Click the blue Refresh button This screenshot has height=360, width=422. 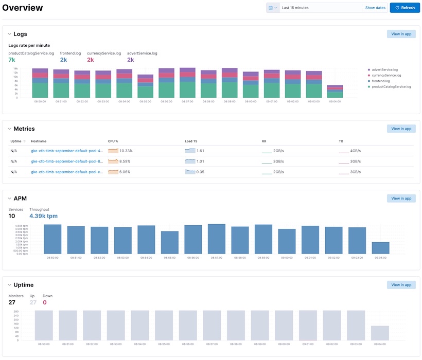(405, 8)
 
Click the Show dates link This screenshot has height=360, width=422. (375, 8)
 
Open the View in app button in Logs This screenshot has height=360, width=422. (401, 34)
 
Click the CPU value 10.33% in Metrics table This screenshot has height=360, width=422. (126, 151)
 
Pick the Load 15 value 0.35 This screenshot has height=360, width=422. (201, 172)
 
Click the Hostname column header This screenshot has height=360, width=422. (39, 140)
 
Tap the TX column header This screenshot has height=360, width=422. (341, 140)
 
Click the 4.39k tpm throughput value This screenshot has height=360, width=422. (44, 216)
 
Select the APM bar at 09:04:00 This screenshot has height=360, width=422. (380, 247)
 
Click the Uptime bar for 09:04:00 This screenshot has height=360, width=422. (380, 333)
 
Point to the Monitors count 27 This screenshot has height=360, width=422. (12, 302)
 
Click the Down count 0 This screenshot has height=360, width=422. (45, 302)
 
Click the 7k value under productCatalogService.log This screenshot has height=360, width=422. (12, 60)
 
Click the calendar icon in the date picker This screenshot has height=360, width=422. (271, 8)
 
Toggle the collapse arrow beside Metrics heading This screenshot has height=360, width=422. (9, 129)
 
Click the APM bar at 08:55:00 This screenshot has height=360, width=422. (169, 242)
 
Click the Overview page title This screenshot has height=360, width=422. (23, 8)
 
